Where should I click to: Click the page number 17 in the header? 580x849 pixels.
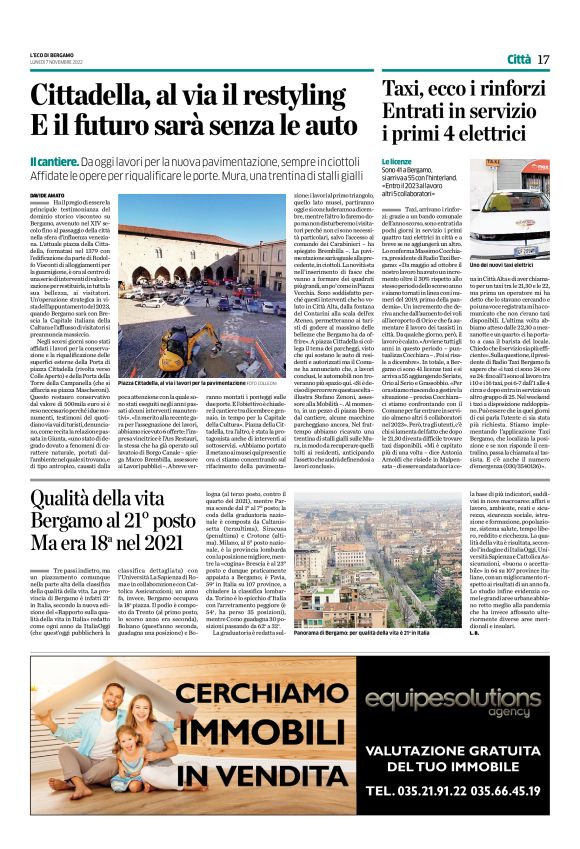[543, 60]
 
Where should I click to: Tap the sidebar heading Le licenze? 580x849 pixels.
[397, 161]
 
